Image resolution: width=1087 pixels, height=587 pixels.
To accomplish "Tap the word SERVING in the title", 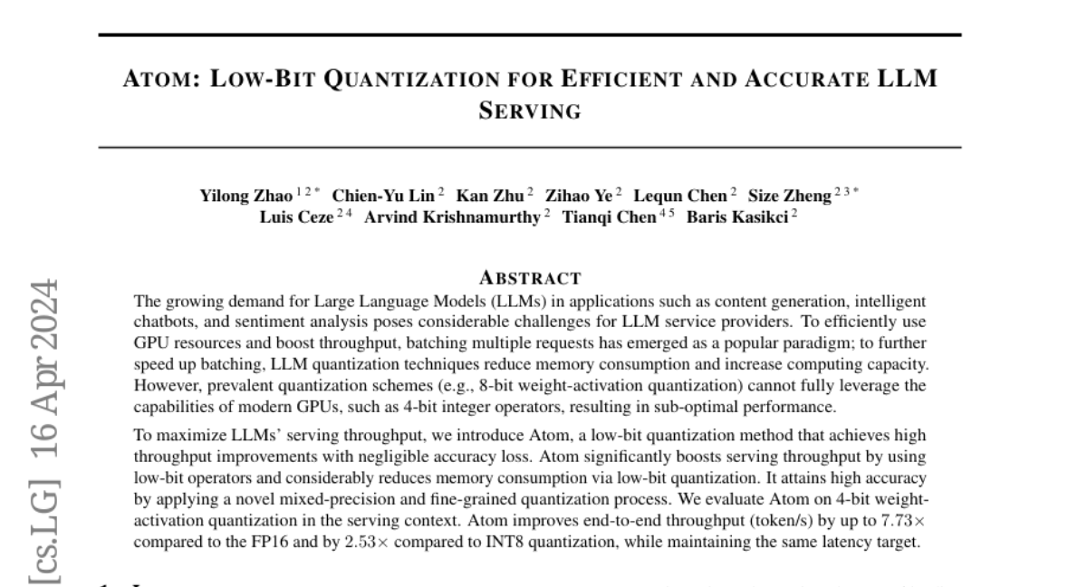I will tap(529, 111).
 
